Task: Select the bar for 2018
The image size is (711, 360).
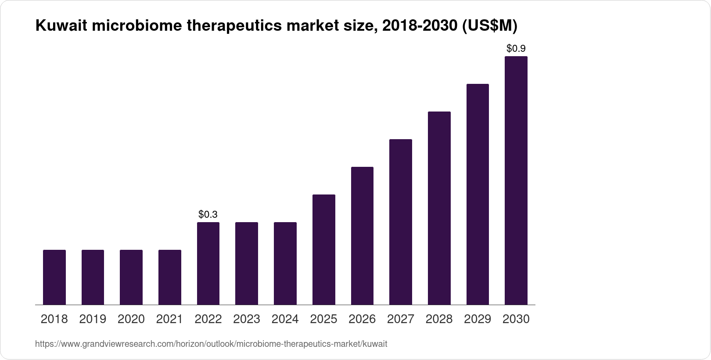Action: point(54,277)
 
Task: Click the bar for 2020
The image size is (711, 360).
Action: point(131,277)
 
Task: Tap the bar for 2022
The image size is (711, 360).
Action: point(208,263)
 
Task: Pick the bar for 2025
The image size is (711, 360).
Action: point(324,249)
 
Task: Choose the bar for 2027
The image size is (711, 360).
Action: point(401,222)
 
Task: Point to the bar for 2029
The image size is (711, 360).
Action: point(478,194)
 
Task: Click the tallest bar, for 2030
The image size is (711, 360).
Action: point(516,180)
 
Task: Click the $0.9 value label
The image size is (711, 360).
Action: point(516,48)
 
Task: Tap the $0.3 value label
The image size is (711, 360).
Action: point(208,214)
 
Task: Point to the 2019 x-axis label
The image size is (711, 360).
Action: point(93,319)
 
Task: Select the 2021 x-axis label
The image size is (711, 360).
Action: point(169,319)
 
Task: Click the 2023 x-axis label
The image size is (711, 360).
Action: point(247,319)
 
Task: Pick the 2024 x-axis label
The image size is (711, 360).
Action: point(285,319)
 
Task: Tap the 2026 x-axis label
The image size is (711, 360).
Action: point(362,319)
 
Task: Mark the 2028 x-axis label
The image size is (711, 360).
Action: point(439,319)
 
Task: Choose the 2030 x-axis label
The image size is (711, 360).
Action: point(516,319)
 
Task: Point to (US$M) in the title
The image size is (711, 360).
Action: point(488,26)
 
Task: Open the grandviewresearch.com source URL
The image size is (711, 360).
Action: point(211,344)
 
